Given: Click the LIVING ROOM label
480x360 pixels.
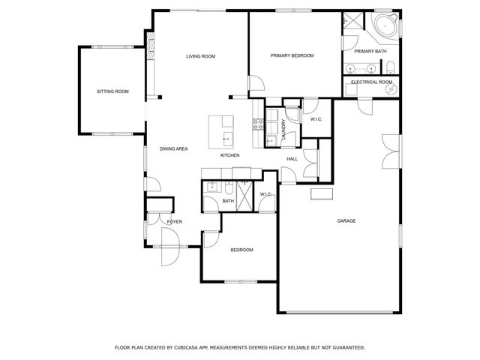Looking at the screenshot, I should tap(201, 56).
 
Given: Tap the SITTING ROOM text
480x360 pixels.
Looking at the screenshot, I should tap(112, 91).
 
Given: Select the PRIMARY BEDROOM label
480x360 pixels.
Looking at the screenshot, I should tap(292, 56).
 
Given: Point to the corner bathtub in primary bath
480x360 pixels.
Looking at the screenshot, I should tap(385, 25).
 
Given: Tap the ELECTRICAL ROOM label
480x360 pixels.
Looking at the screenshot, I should tap(372, 82).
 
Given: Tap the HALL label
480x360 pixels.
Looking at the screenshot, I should tap(292, 159).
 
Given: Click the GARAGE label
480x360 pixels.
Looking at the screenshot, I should tap(346, 220).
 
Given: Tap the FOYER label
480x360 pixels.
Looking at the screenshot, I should tap(174, 222).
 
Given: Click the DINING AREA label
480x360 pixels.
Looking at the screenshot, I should tap(173, 149).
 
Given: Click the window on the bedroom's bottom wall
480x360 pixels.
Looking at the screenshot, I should tap(241, 282).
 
